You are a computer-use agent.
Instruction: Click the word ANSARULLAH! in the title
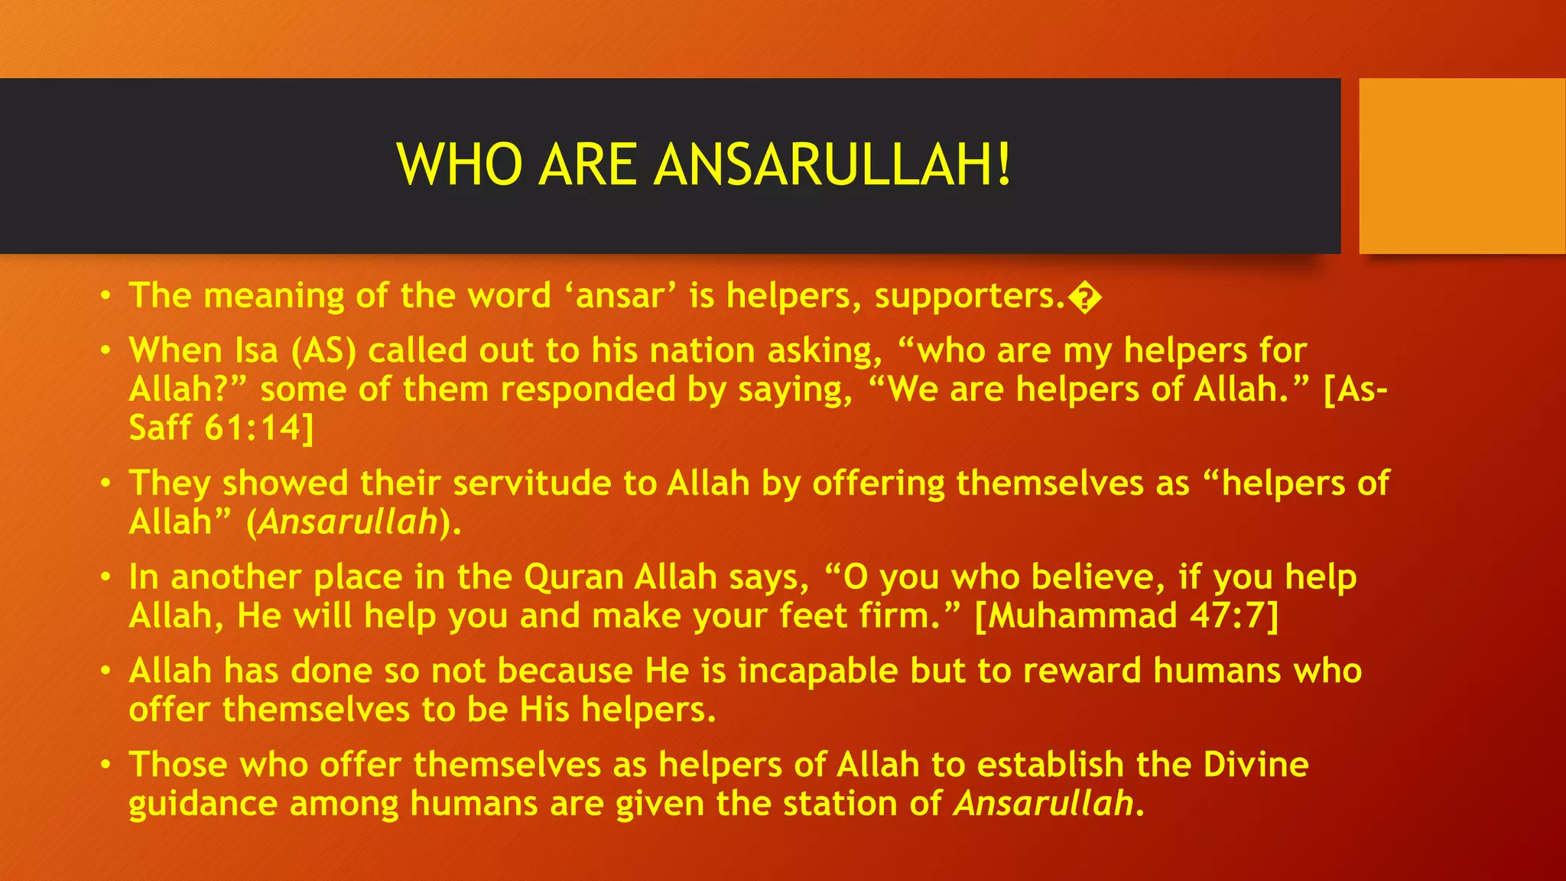click(833, 164)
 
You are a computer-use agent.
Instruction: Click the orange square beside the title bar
click(1462, 166)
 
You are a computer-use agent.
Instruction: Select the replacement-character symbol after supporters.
click(1085, 298)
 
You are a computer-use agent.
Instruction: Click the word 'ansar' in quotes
click(620, 296)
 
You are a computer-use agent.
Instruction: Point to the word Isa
click(257, 351)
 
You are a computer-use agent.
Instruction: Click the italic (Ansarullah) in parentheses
click(353, 522)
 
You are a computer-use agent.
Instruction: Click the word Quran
click(573, 577)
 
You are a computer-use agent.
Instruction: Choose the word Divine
click(1256, 765)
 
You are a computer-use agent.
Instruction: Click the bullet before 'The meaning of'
click(106, 296)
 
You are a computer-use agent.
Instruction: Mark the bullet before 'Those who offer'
click(106, 765)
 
